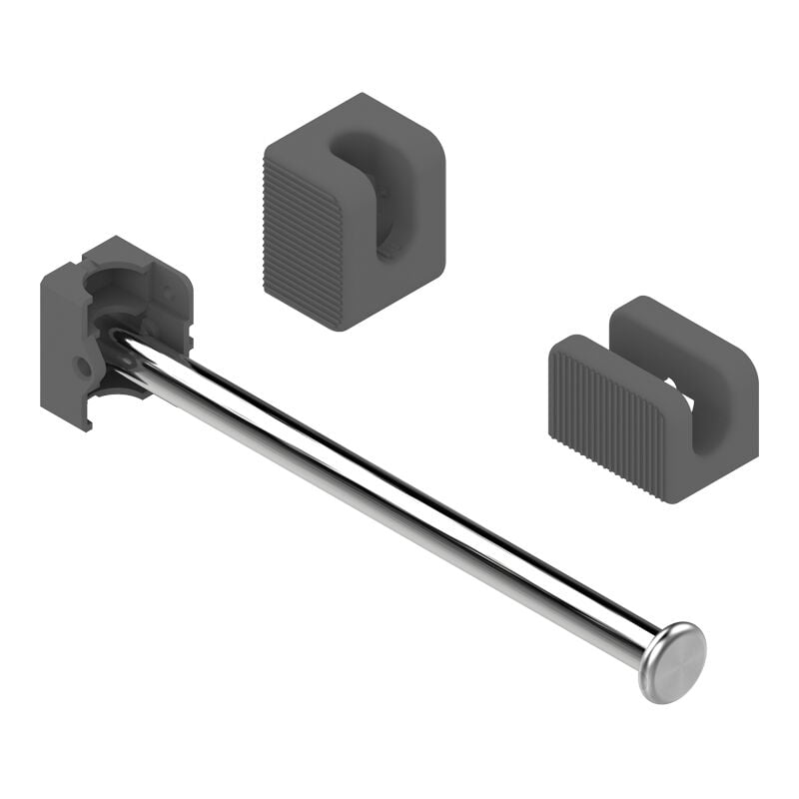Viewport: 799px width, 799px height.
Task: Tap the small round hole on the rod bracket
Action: (x=84, y=367)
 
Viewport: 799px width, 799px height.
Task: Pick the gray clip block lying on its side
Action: (x=653, y=399)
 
